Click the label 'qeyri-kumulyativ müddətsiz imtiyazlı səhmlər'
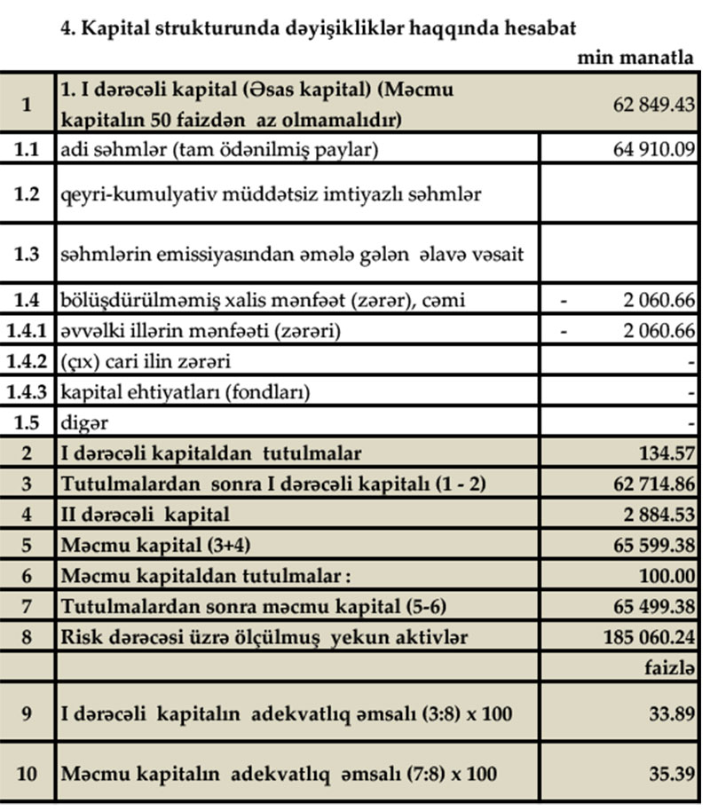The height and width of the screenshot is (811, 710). click(271, 193)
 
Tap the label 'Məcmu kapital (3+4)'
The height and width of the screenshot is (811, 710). click(147, 545)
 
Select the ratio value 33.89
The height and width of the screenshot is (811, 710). click(670, 713)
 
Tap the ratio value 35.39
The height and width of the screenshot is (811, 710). click(670, 773)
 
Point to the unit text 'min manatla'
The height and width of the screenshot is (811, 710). click(635, 59)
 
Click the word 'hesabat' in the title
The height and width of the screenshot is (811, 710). click(541, 28)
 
